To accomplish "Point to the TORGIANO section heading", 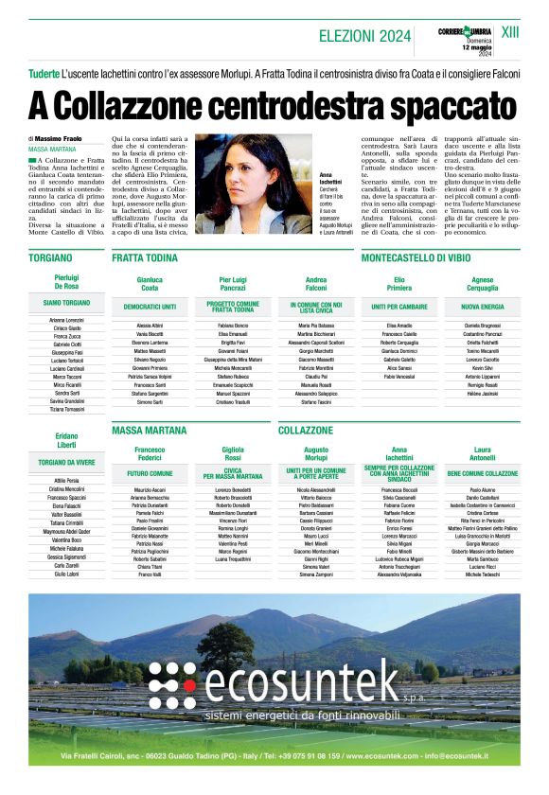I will tap(50, 256).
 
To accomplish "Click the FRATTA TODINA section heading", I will tap(145, 256).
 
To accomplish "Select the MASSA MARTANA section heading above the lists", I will tap(149, 430).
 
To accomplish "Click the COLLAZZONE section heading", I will tap(306, 430).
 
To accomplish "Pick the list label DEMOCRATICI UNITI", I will tap(150, 308).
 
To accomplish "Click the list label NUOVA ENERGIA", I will tap(482, 308).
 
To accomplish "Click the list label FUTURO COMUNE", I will tap(150, 472).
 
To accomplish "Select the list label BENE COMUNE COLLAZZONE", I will tap(482, 472).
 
